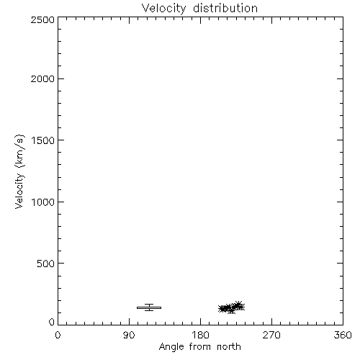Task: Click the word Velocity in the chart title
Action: (163, 9)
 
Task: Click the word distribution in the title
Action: (225, 8)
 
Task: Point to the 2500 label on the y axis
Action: (42, 19)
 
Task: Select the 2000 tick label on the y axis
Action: (42, 78)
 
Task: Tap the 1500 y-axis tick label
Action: (43, 140)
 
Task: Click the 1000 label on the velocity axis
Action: (43, 202)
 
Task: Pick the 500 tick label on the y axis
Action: (46, 264)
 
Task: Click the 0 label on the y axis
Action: (52, 322)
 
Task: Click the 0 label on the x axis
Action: (58, 335)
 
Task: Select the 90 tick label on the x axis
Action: (129, 335)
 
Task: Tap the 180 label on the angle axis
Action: (200, 335)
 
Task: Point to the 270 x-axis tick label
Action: (271, 335)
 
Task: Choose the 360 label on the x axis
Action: (343, 335)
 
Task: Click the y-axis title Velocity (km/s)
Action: (19, 171)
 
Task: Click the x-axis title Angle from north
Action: (200, 347)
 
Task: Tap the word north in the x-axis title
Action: (229, 346)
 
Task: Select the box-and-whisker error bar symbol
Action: (149, 307)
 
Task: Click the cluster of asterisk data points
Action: (232, 307)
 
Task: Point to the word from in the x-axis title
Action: (200, 346)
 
